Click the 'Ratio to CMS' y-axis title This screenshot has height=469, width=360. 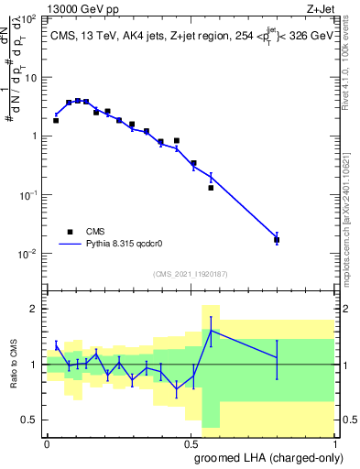[15, 364]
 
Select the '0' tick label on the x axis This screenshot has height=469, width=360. [47, 442]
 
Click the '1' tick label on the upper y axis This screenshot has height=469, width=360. [34, 136]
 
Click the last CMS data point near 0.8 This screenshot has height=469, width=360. [277, 240]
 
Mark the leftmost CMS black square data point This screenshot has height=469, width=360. [56, 120]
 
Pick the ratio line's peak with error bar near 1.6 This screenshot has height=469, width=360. [211, 331]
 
